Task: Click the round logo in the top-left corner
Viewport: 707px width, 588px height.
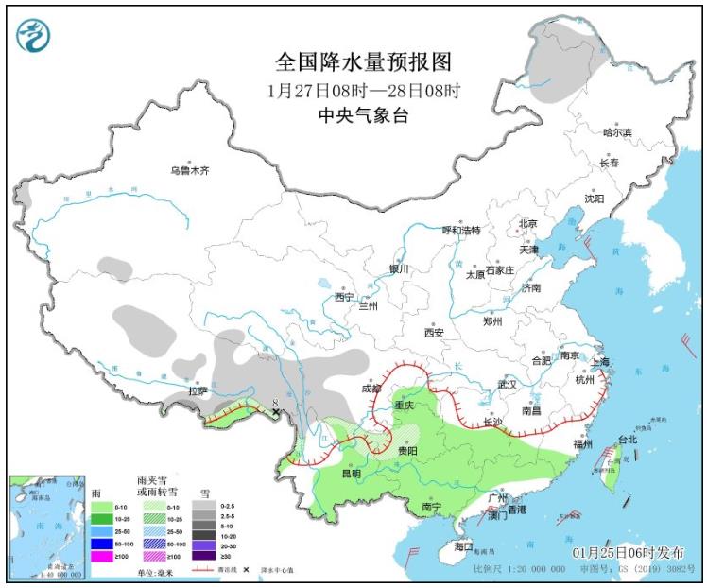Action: (34, 35)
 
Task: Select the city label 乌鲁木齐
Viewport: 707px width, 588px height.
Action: (189, 171)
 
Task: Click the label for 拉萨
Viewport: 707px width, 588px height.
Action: (197, 390)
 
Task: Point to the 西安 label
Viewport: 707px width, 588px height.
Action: (434, 333)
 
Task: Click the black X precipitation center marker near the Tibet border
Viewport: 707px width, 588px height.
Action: (275, 413)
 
